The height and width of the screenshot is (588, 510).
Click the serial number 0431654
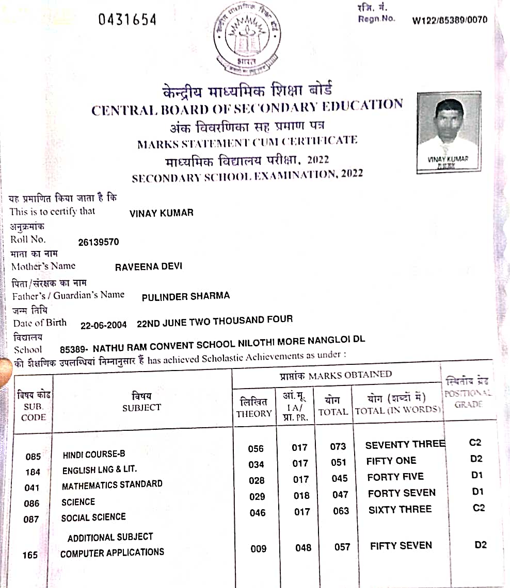point(127,20)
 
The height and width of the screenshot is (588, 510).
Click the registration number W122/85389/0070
point(449,21)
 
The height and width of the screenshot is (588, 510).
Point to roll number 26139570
point(98,242)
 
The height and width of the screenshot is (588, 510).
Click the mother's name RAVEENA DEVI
point(149,267)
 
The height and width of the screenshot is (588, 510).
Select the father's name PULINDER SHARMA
point(185,296)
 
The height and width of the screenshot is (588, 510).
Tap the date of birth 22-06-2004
point(104,325)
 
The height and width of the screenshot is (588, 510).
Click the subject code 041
point(33,488)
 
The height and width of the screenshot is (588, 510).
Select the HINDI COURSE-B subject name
point(93,455)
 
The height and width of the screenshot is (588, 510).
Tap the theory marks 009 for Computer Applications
point(259,549)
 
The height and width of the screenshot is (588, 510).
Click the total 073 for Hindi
point(338,447)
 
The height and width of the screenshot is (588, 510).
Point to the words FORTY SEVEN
point(402,493)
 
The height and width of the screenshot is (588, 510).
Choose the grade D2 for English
point(477,459)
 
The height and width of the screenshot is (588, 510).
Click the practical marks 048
point(303,548)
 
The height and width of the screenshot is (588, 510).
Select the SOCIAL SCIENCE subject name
point(93,517)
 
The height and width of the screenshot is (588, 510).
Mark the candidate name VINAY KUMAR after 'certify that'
point(161,213)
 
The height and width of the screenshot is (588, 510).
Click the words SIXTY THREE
point(400,510)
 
